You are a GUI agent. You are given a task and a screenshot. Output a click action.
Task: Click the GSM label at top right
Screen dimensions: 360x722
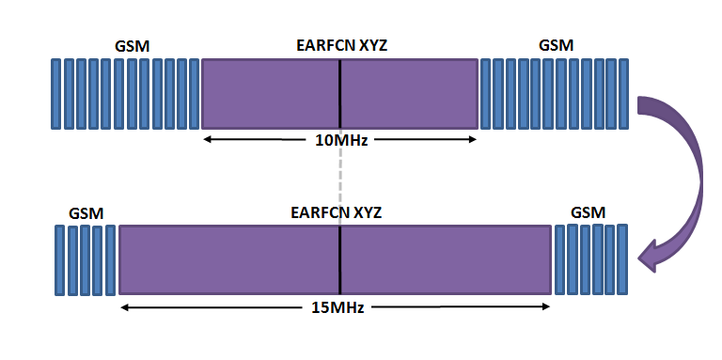557,45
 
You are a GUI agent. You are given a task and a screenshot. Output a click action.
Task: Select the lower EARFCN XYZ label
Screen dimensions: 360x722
339,211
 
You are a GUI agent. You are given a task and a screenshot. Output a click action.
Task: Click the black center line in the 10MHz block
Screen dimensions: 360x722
340,94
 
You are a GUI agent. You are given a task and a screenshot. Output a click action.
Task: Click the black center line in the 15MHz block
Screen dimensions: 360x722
339,259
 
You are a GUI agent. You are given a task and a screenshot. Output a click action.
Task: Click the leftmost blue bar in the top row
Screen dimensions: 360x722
55,94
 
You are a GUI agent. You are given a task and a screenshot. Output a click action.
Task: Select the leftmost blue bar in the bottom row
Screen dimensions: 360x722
59,260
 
